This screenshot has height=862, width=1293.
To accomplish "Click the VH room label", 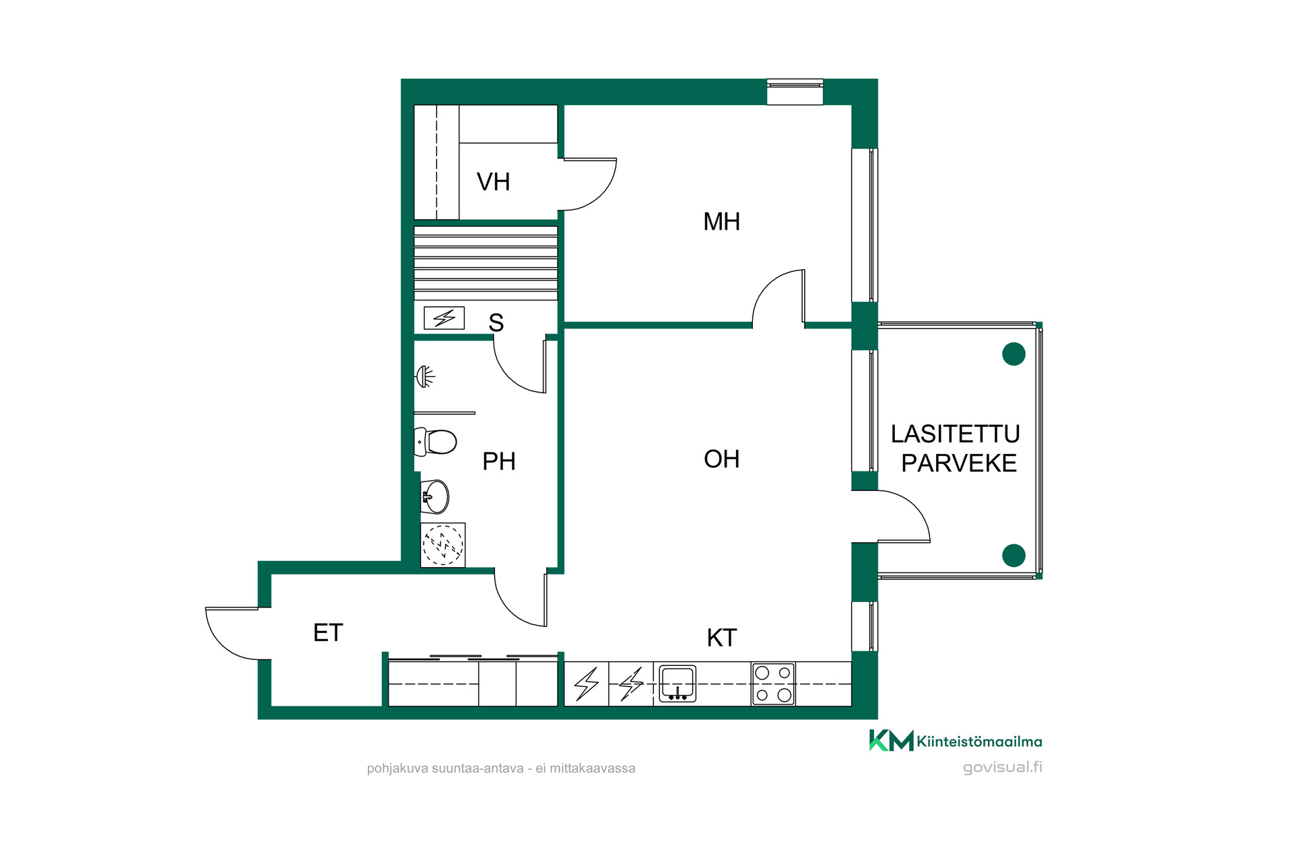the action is [493, 182].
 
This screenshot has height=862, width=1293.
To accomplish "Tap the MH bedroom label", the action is [721, 222].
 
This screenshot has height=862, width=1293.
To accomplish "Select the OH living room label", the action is [721, 459].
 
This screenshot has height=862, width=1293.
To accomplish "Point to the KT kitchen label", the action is [721, 638].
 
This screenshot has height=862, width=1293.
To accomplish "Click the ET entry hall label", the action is [328, 633].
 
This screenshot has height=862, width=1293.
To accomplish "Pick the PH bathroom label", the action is [499, 461].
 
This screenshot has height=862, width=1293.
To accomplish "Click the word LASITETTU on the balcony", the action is [955, 434].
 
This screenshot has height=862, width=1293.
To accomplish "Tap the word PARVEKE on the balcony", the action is [959, 463].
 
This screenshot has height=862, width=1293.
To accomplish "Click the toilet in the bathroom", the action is [436, 442].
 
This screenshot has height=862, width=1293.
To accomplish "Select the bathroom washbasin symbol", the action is [435, 496].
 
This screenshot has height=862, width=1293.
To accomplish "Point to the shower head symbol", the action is [425, 376].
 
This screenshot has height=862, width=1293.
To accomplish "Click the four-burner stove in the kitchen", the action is [773, 684].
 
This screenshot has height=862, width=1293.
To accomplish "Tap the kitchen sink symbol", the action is [677, 683].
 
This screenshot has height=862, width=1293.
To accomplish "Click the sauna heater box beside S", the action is [444, 318].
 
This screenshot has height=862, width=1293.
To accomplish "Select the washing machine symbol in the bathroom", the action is [442, 545].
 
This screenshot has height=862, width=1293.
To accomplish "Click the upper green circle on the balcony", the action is [1014, 354].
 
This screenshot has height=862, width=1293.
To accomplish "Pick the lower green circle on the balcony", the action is [1014, 556].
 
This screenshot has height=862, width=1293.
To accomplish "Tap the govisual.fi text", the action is [1002, 767].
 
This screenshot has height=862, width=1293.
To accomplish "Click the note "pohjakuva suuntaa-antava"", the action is [445, 768].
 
